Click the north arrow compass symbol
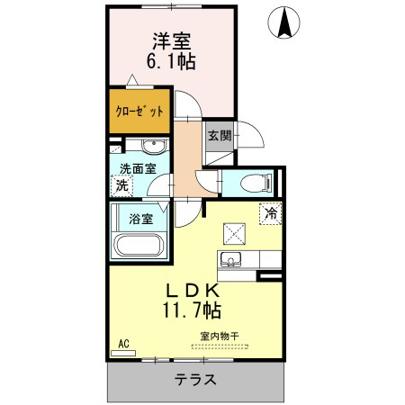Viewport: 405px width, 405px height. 283,22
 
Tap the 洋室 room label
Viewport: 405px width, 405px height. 172,41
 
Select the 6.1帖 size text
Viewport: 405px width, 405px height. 171,61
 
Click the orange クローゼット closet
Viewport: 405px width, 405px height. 139,111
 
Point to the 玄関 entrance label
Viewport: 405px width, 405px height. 220,136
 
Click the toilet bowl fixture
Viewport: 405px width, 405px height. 256,183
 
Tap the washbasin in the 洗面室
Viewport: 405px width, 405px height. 154,147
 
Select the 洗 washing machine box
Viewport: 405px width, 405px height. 121,185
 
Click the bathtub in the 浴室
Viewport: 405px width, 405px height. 139,245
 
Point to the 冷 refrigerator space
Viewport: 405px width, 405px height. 271,213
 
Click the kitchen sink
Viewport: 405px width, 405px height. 230,259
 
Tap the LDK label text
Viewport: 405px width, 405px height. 192,290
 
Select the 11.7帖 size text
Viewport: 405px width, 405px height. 192,310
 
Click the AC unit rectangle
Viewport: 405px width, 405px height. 123,354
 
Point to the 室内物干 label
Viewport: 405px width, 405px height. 220,337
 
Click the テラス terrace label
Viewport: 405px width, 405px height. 195,380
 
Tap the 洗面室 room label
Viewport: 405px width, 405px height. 138,169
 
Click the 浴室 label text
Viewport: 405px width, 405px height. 141,219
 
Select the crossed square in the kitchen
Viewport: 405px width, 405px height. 234,234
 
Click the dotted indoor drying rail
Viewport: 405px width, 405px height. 220,346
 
